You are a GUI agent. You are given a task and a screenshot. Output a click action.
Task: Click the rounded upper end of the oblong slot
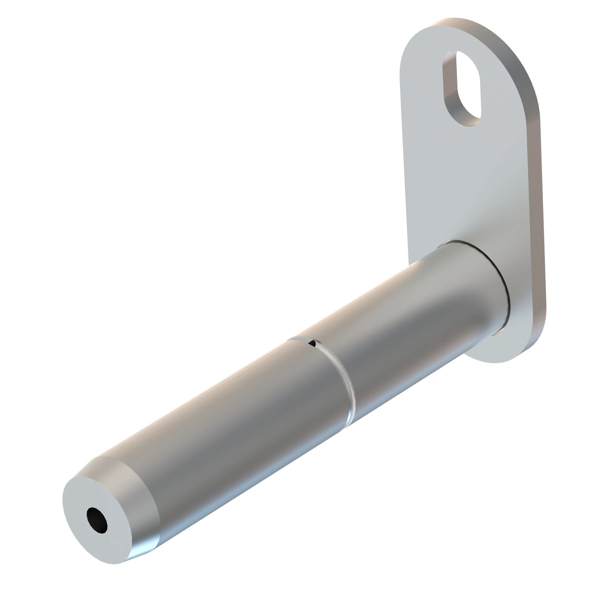coord(464,57)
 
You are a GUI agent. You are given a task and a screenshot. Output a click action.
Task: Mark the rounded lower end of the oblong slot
coord(467,122)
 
